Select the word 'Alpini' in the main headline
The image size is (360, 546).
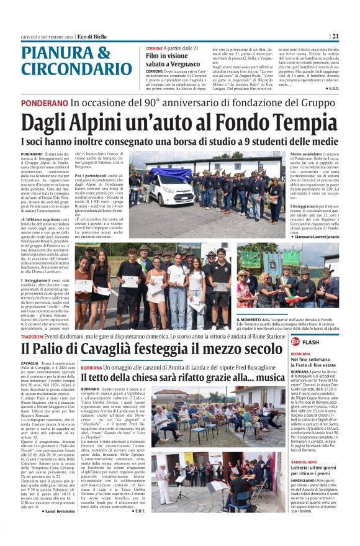pos(98,124)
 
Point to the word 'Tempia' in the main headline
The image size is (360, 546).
pos(303,124)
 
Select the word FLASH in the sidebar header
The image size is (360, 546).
pos(312,342)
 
